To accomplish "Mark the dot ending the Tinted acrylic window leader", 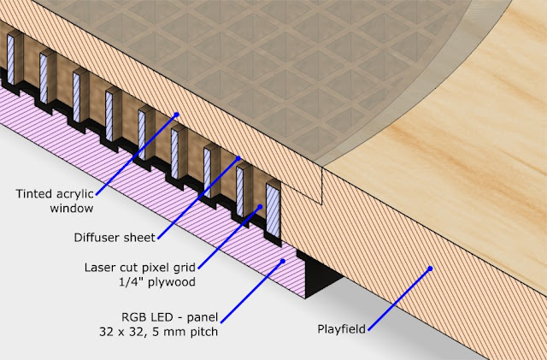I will [177, 113].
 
